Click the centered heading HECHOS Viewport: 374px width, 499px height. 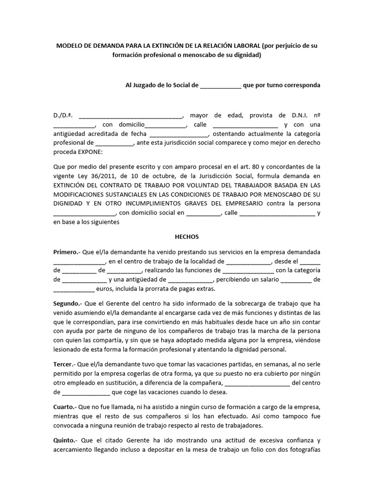(x=187, y=237)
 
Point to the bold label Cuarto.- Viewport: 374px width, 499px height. (x=66, y=406)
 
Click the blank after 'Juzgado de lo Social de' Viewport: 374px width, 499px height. (x=220, y=85)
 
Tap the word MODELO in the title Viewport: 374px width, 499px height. (x=70, y=45)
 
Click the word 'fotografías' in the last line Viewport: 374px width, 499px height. (x=303, y=449)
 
